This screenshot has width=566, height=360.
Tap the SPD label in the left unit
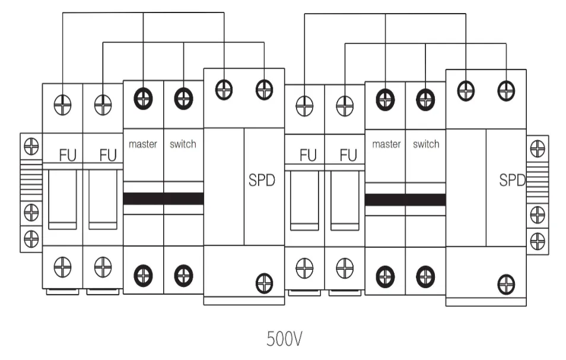tap(262, 180)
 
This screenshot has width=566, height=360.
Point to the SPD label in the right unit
tap(512, 180)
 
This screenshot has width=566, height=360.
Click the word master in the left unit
tap(142, 144)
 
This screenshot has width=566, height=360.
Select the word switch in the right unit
tap(425, 144)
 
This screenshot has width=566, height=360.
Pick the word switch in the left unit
tap(183, 144)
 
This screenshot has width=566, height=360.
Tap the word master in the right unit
tap(386, 144)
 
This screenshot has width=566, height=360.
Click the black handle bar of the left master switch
tap(163, 199)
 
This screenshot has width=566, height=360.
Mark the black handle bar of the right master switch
tap(405, 199)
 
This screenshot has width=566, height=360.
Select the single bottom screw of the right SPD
tap(505, 283)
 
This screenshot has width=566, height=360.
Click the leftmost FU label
tap(68, 155)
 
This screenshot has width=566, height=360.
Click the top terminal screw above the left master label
tap(142, 97)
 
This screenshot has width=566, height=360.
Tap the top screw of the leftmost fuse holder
tap(62, 105)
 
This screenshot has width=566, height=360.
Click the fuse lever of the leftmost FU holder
tap(62, 199)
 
